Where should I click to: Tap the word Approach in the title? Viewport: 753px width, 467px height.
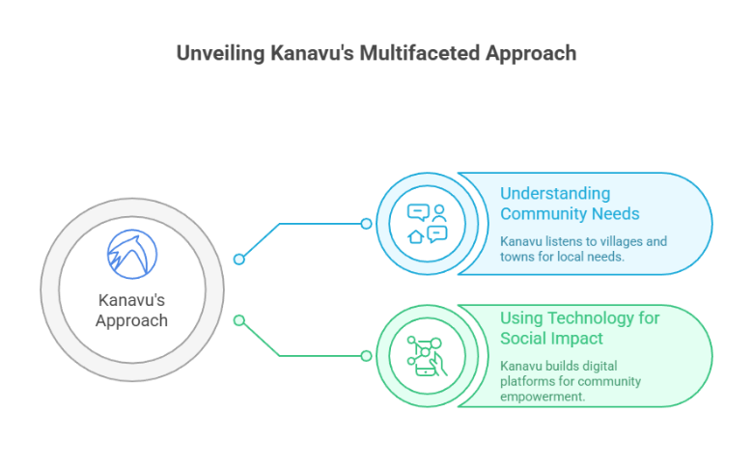(x=529, y=52)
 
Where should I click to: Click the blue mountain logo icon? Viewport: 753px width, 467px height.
(x=131, y=254)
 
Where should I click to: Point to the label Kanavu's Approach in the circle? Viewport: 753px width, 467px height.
(x=131, y=310)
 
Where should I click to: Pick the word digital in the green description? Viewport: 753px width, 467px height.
(x=594, y=366)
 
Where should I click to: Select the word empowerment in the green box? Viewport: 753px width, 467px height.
(x=543, y=396)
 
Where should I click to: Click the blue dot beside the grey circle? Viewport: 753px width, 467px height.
(x=239, y=259)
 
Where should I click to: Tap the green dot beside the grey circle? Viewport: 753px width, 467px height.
(x=239, y=320)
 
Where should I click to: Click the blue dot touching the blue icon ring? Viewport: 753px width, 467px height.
(x=366, y=224)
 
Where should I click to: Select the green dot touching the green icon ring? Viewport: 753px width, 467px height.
(x=366, y=355)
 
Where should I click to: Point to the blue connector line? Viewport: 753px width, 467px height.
(x=309, y=224)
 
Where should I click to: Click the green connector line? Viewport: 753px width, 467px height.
(x=309, y=355)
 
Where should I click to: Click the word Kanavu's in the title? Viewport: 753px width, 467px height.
(x=310, y=52)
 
